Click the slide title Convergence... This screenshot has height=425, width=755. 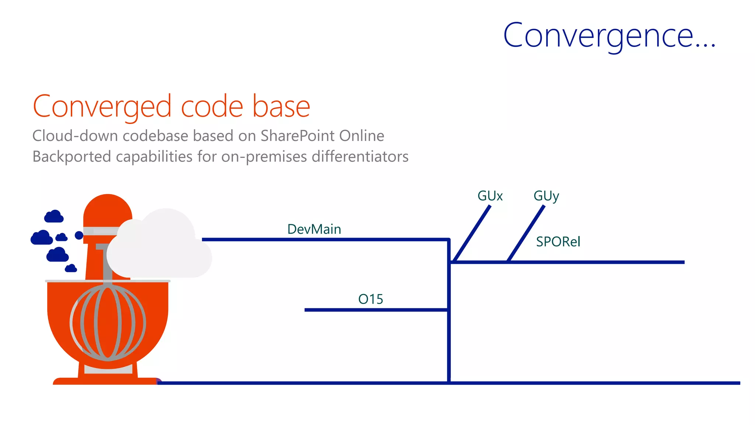tap(609, 36)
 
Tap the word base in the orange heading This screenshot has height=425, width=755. tap(281, 107)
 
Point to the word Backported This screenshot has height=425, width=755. tap(72, 156)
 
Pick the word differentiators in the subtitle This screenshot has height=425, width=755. tap(360, 156)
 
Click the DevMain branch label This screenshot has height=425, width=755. tap(314, 229)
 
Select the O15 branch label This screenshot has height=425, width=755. tap(370, 299)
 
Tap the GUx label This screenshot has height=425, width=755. tap(490, 196)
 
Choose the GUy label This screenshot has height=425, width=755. tap(546, 196)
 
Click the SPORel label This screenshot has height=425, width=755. tap(558, 242)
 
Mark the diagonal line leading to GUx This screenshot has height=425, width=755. tap(472, 234)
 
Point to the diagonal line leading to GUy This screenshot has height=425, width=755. tap(526, 234)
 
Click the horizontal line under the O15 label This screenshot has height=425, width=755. tap(376, 310)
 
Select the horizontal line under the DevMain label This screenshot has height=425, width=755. tap(324, 240)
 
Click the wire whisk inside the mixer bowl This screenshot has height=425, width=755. tap(108, 323)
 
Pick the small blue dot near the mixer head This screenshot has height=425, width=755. tap(79, 235)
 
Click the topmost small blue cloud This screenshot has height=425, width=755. tap(54, 217)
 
